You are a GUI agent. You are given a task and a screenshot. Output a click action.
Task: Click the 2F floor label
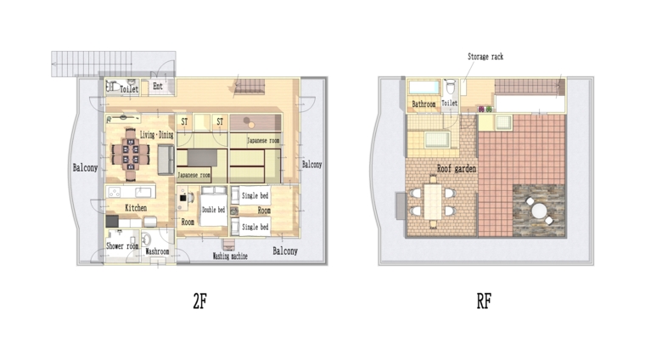[200, 301]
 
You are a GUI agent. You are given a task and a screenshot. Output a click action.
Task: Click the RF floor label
[484, 301]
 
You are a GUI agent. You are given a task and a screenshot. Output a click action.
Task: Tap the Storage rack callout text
[485, 56]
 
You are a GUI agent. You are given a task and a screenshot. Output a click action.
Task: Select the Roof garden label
[457, 168]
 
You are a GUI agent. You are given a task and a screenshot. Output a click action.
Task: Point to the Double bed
[214, 210]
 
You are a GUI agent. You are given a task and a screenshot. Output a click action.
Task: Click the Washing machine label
[230, 256]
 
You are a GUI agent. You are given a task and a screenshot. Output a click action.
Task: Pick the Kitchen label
[136, 208]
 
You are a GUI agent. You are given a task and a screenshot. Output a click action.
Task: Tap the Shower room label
[122, 246]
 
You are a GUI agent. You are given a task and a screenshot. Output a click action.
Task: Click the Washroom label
[157, 251]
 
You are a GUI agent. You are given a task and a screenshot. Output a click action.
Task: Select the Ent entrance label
[158, 86]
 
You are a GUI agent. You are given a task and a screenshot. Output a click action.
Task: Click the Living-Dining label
[157, 134]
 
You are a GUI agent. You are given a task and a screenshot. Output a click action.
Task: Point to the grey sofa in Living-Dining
[165, 160]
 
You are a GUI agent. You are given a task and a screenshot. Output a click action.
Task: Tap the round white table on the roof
[539, 211]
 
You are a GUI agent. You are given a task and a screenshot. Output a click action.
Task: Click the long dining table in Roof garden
[433, 201]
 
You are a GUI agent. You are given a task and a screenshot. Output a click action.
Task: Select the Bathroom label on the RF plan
[423, 104]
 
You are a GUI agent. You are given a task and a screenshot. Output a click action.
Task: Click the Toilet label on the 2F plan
[129, 88]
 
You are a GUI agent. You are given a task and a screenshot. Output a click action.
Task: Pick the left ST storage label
[184, 121]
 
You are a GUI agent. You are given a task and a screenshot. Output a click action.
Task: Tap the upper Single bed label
[255, 195]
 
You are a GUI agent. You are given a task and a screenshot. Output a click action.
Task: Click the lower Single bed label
[255, 227]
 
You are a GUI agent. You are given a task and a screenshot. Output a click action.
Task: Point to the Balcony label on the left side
[85, 167]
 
